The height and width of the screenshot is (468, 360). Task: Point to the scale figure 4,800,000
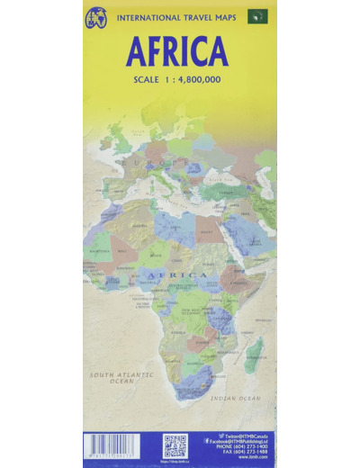[200, 81]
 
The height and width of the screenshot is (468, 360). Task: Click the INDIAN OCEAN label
[236, 397]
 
